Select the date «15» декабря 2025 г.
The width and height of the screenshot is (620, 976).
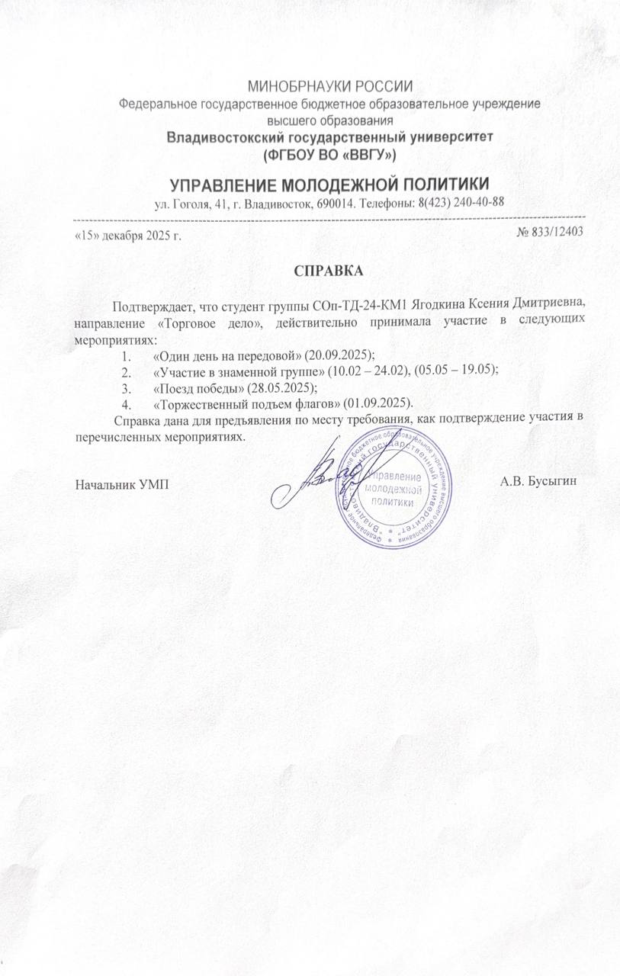click(128, 234)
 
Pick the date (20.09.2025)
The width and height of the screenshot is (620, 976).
click(337, 356)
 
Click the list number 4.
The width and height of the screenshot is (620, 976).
click(126, 402)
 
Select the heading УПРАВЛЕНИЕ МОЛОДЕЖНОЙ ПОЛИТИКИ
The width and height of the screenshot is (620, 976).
click(329, 185)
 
